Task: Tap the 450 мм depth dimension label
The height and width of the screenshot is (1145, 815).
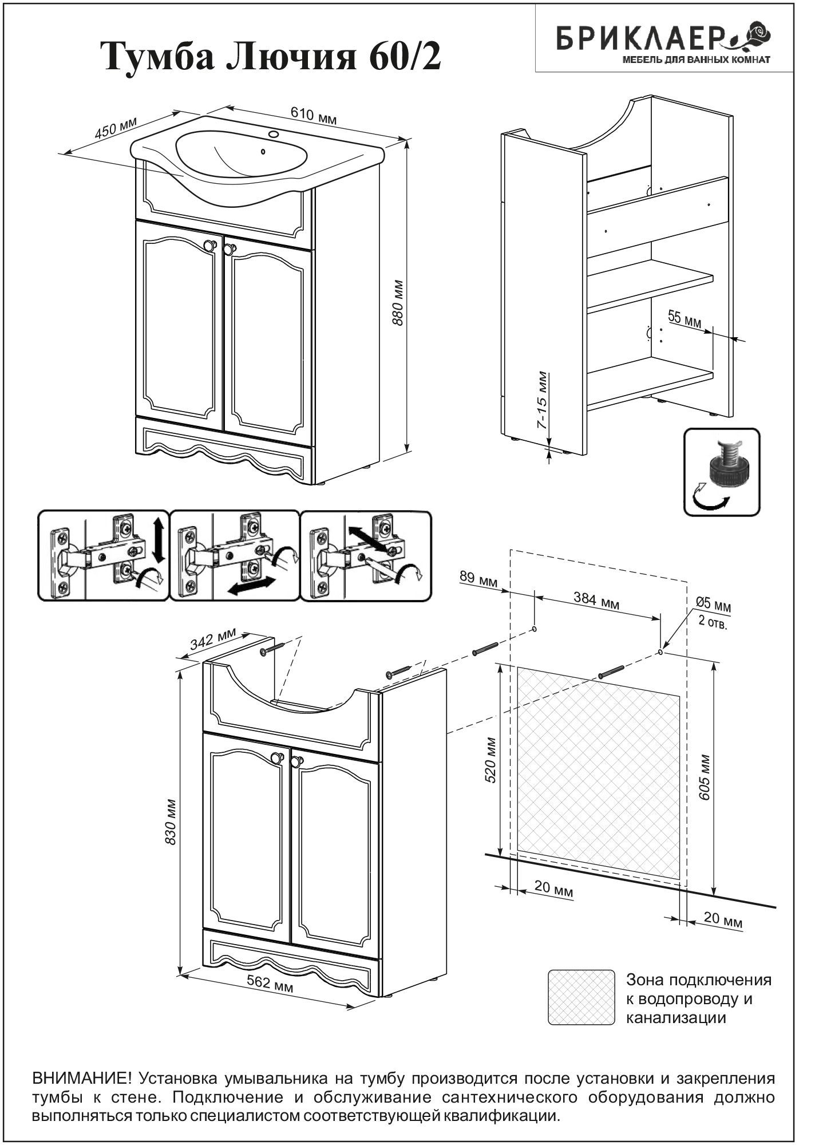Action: [116, 129]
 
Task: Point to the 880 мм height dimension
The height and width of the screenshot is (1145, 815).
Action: [398, 303]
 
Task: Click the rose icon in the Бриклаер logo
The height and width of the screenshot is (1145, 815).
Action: [755, 34]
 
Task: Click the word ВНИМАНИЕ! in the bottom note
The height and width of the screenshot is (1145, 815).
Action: [82, 1079]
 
